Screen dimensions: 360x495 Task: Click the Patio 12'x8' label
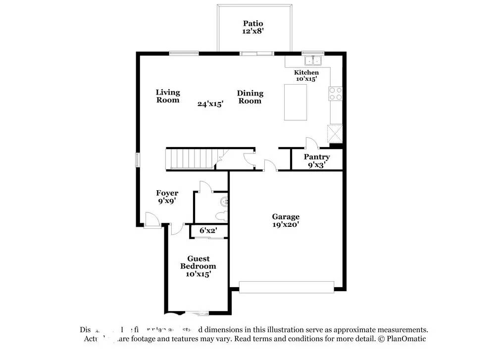252,27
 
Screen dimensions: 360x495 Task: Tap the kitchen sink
313,61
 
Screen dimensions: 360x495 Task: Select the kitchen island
295,103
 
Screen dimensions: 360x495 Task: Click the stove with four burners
336,94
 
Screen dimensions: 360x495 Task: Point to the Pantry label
317,157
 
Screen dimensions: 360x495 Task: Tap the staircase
191,158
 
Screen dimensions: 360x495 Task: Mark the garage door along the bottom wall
287,286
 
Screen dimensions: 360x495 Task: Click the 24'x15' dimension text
210,104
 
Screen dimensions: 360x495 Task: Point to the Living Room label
168,96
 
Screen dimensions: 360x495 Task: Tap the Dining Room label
250,97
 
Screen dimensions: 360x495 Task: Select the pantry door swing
311,143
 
